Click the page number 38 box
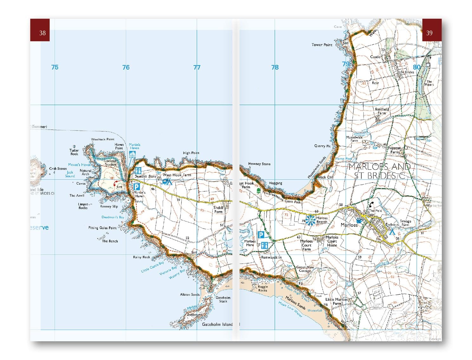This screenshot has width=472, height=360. click(40, 30)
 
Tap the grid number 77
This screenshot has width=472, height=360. click(197, 67)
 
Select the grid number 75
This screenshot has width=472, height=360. click(55, 67)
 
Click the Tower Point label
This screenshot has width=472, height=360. click(322, 45)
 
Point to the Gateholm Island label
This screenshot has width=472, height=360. click(218, 324)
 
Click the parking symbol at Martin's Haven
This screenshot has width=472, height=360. click(136, 187)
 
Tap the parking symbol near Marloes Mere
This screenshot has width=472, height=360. click(261, 235)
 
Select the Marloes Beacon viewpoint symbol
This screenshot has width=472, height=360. click(310, 220)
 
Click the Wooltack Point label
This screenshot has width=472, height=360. click(102, 139)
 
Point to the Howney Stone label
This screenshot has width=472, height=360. click(259, 164)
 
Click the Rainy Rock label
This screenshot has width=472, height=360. click(141, 257)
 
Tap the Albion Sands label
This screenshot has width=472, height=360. click(190, 295)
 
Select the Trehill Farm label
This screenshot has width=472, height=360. click(218, 210)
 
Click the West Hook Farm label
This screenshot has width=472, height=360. click(177, 175)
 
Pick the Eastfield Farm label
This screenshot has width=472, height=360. click(382, 111)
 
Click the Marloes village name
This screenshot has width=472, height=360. click(349, 225)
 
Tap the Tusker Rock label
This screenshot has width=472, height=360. click(74, 152)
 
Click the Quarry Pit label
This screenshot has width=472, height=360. click(322, 146)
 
